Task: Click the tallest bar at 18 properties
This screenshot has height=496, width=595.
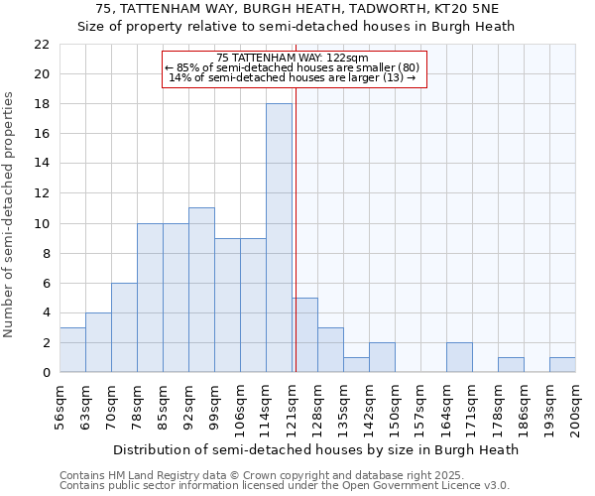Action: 279,238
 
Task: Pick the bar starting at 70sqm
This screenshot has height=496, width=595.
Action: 124,327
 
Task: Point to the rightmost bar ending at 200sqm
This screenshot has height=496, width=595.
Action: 562,364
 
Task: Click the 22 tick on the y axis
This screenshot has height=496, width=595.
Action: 42,45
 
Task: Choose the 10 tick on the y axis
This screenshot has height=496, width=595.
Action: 42,223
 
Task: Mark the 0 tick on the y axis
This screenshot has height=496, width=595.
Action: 46,372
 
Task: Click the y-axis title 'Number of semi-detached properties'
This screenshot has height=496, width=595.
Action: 10,214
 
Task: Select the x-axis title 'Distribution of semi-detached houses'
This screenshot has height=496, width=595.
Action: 315,449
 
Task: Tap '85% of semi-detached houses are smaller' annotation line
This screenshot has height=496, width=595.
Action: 293,67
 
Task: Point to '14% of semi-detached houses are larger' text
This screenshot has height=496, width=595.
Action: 293,77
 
